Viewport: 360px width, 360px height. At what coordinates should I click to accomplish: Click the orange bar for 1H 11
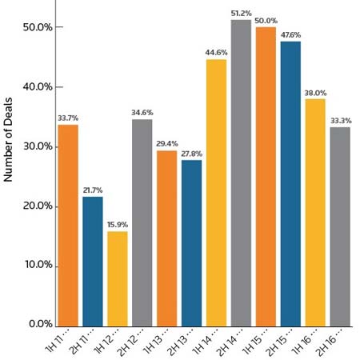coord(67,224)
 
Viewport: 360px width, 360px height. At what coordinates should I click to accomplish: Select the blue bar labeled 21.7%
coord(92,260)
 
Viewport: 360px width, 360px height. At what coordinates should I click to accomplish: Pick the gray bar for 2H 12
coord(142,222)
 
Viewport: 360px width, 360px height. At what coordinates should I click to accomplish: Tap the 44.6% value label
coord(216,53)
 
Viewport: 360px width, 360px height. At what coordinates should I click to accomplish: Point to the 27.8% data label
coord(191,154)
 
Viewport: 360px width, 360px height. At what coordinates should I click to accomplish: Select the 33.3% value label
coord(340,121)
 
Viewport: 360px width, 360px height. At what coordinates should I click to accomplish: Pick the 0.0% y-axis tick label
coord(39,324)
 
